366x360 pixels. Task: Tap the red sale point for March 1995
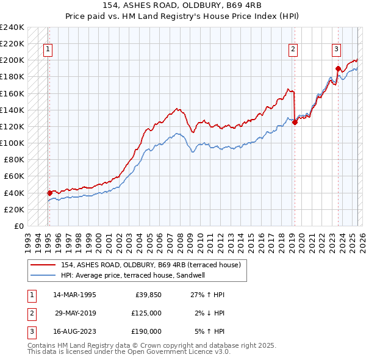click(49, 193)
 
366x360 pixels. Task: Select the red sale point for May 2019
click(295, 122)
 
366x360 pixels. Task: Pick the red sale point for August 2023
click(338, 68)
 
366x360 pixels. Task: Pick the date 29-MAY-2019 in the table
click(76, 313)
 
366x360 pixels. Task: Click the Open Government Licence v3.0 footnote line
click(129, 351)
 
